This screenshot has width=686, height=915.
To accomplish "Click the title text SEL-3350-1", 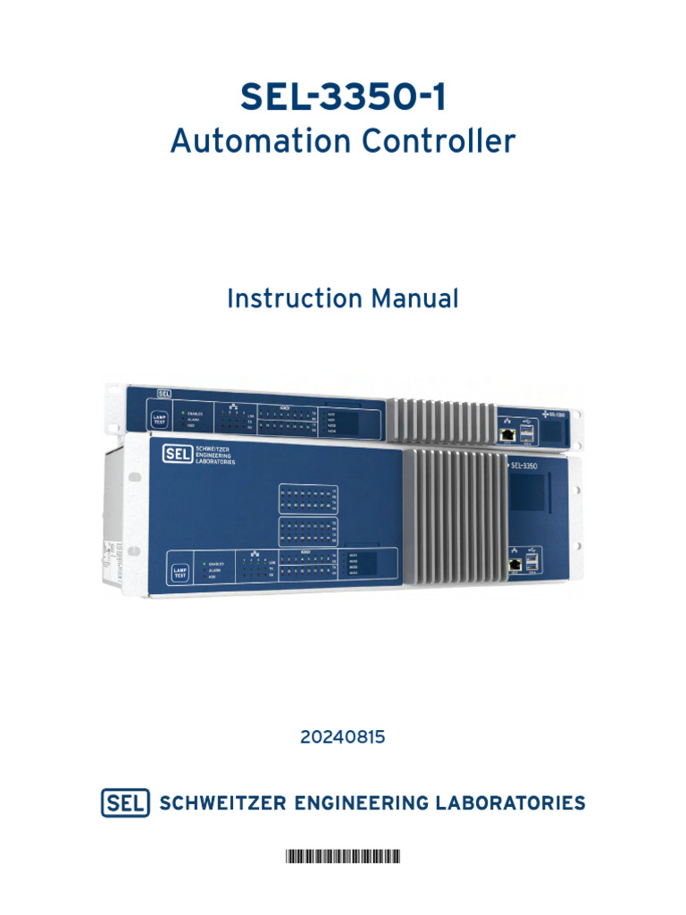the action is click(343, 97).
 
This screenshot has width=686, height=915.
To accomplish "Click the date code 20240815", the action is click(343, 738).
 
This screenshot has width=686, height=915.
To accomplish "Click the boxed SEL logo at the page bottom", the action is click(125, 802).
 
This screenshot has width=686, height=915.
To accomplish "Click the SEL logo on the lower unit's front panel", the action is click(175, 453).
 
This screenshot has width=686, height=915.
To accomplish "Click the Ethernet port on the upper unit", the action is click(506, 434).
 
